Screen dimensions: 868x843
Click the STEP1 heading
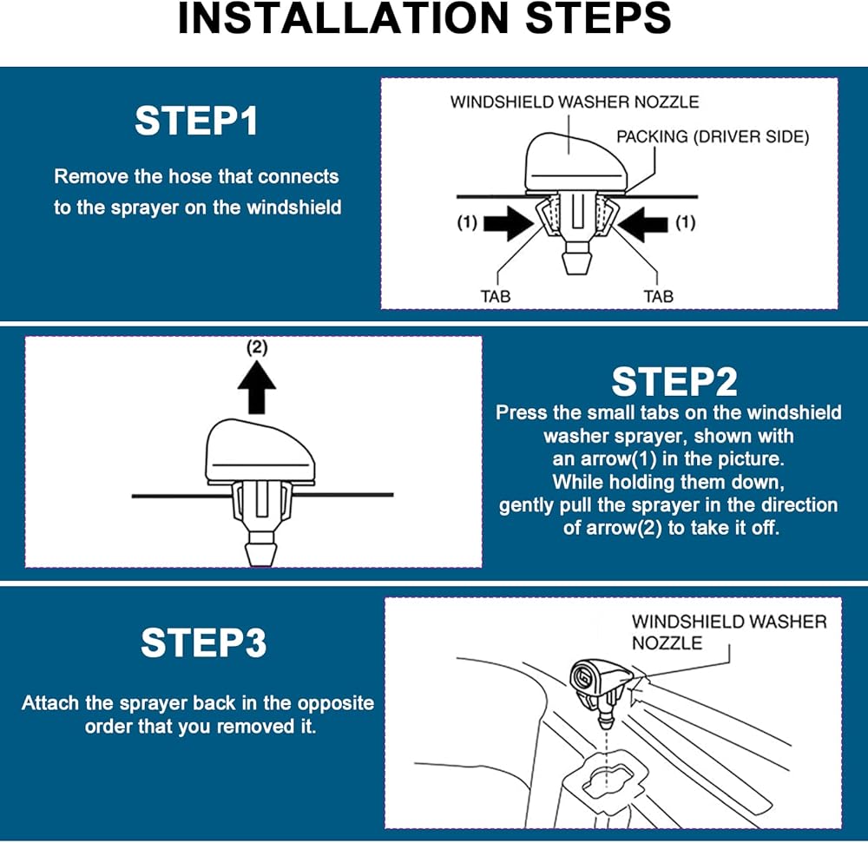tap(196, 122)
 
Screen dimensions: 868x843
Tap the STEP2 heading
tap(674, 381)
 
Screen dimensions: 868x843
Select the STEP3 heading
tap(203, 643)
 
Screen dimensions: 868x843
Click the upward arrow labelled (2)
tap(256, 389)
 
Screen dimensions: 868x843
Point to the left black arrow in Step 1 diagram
tap(508, 223)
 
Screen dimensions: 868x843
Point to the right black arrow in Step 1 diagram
tap(646, 223)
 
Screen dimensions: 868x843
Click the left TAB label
tap(496, 296)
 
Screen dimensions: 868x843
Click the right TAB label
tap(658, 296)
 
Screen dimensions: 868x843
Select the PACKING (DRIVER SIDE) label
tap(713, 137)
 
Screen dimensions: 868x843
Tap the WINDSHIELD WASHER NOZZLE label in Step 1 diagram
tap(574, 102)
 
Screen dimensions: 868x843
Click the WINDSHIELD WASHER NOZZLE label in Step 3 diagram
tap(728, 632)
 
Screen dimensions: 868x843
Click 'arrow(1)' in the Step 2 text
tap(595, 458)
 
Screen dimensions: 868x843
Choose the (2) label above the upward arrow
tap(257, 347)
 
